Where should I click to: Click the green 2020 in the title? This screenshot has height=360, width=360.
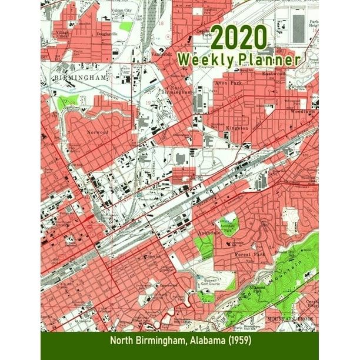click(x=239, y=39)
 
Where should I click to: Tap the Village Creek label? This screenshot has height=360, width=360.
click(x=61, y=34)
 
